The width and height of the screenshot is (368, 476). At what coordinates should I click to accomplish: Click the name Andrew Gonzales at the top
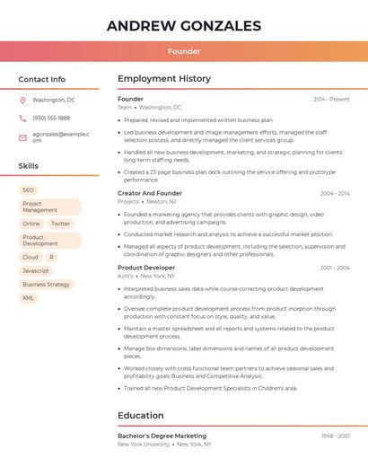(184, 26)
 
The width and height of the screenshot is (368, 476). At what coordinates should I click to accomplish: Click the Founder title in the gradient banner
(184, 51)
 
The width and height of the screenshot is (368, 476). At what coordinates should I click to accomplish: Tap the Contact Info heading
(42, 79)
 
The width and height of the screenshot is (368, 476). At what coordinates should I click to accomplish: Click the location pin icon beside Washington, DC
(22, 101)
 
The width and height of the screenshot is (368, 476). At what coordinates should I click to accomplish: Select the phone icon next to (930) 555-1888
(22, 118)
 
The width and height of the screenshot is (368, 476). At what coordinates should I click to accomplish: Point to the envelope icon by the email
(22, 137)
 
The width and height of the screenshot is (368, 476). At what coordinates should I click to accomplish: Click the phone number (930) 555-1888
(51, 118)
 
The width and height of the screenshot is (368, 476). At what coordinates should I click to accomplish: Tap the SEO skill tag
(28, 190)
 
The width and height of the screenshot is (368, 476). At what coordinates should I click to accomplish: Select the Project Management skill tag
(48, 207)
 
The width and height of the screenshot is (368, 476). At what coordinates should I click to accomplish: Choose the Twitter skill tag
(60, 224)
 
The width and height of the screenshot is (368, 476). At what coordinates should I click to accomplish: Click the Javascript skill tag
(36, 270)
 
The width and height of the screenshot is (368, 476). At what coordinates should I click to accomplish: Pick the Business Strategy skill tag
(46, 285)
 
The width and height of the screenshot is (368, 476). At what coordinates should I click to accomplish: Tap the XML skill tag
(28, 298)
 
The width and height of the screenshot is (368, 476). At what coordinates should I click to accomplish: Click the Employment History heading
(164, 79)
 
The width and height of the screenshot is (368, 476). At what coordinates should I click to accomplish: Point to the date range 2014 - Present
(331, 99)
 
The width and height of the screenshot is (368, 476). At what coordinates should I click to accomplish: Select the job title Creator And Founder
(150, 193)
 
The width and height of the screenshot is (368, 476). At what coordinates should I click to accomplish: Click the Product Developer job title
(146, 268)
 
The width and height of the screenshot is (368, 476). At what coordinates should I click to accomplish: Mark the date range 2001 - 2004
(335, 268)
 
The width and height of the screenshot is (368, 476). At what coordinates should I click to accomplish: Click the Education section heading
(141, 416)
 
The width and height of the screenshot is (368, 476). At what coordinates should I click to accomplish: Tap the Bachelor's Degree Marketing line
(162, 436)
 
